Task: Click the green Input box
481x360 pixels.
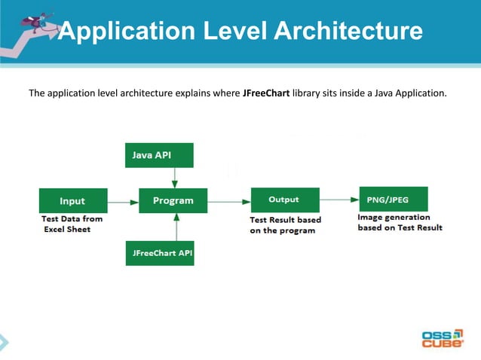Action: pos(72,201)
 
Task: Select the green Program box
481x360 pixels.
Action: pos(173,201)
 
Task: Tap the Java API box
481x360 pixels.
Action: pos(158,155)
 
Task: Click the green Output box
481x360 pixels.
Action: pos(283,200)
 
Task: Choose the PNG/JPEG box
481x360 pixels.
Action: pos(393,200)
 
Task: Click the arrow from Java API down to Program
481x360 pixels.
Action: pos(174,178)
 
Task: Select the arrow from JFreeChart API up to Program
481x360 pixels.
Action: pos(174,227)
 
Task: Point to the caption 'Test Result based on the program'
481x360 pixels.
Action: pos(285,225)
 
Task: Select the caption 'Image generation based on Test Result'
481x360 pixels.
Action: pos(400,222)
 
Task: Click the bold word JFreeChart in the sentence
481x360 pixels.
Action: pos(266,94)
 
